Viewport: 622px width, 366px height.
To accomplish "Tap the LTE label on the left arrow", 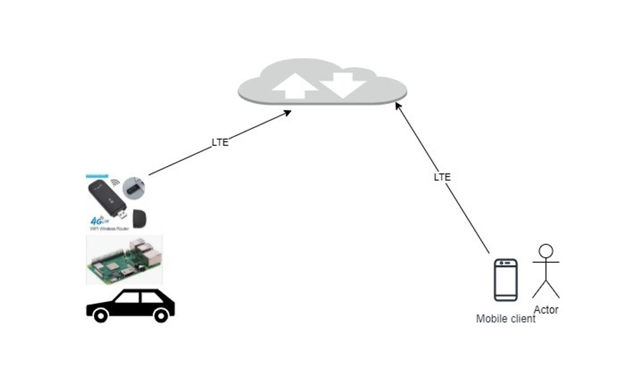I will (x=220, y=143).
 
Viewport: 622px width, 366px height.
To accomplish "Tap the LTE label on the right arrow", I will (x=442, y=177).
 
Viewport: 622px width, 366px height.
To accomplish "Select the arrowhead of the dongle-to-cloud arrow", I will (x=287, y=112).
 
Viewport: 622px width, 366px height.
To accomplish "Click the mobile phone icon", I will (x=505, y=279).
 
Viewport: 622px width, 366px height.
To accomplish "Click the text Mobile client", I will (x=505, y=319).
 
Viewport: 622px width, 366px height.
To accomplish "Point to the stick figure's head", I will (x=546, y=251).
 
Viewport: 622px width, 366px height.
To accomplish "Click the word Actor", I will (x=546, y=310).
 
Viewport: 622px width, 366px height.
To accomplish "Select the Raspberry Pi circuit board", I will (x=124, y=259).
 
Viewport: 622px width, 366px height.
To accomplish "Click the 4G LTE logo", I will (x=98, y=219).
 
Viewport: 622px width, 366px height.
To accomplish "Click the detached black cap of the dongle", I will (x=140, y=218).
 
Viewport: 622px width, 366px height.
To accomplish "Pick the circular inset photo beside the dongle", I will (x=134, y=187).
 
